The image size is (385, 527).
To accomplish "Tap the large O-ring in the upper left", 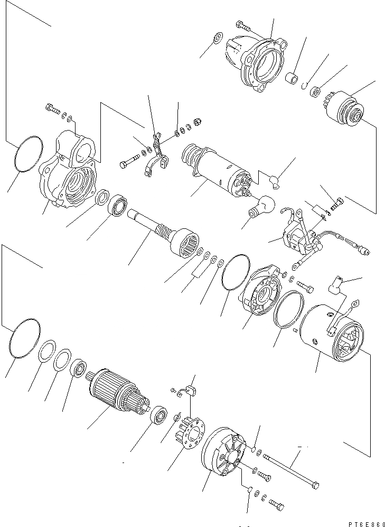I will [28, 154].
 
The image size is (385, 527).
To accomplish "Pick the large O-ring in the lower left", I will [24, 340].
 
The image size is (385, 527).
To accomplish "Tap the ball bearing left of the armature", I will [79, 368].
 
